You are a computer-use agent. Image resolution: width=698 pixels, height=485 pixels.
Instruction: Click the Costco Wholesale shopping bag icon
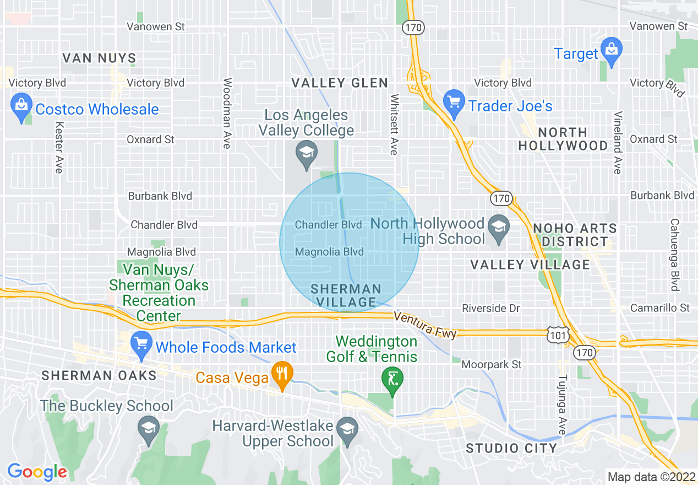click(x=21, y=109)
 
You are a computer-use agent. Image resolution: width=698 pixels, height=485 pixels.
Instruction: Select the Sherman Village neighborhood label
click(x=346, y=295)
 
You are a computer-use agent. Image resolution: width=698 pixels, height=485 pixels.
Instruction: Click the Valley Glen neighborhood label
click(x=340, y=83)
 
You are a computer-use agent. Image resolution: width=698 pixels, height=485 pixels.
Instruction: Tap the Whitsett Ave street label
click(x=394, y=124)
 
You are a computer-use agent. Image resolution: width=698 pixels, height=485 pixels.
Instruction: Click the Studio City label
click(x=511, y=448)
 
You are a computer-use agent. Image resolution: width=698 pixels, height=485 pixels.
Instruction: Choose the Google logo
click(x=37, y=472)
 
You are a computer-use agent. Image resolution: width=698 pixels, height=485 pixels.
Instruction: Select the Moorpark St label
click(x=492, y=364)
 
